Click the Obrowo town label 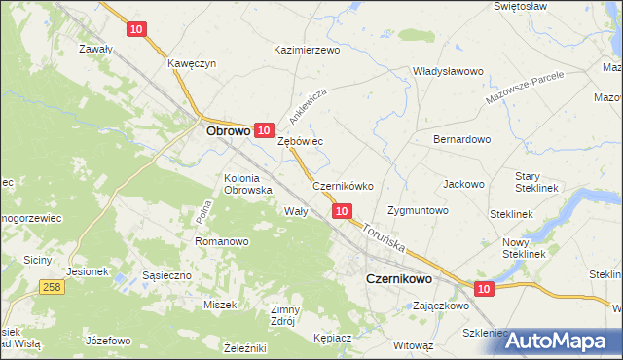click(229, 128)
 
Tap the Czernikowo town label click(398, 277)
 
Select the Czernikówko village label click(343, 185)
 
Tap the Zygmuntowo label click(418, 210)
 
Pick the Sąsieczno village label click(166, 275)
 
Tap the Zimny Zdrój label click(287, 314)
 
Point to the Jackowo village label click(463, 183)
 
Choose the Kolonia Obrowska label click(247, 184)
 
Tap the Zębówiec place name click(300, 141)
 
